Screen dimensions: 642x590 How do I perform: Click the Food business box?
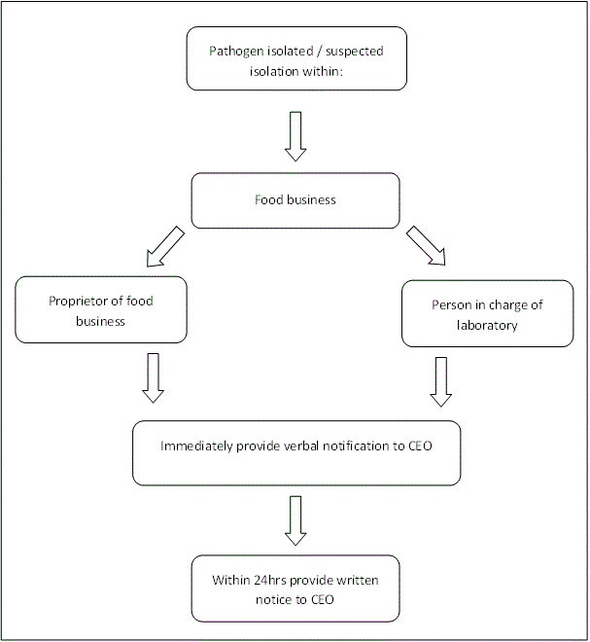[x=295, y=200]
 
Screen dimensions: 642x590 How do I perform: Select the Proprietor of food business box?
[x=101, y=310]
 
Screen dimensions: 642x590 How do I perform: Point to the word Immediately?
[x=196, y=446]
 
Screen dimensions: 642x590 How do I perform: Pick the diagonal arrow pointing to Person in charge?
[x=426, y=245]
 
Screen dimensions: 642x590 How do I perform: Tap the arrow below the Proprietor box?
[x=153, y=377]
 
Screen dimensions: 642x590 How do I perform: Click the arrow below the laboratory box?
[x=441, y=380]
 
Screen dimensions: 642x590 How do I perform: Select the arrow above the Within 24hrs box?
[x=295, y=521]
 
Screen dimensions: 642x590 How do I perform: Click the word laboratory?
[x=486, y=326]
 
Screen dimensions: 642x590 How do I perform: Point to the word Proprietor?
[x=80, y=301]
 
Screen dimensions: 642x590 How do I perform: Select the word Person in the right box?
[x=450, y=304]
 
